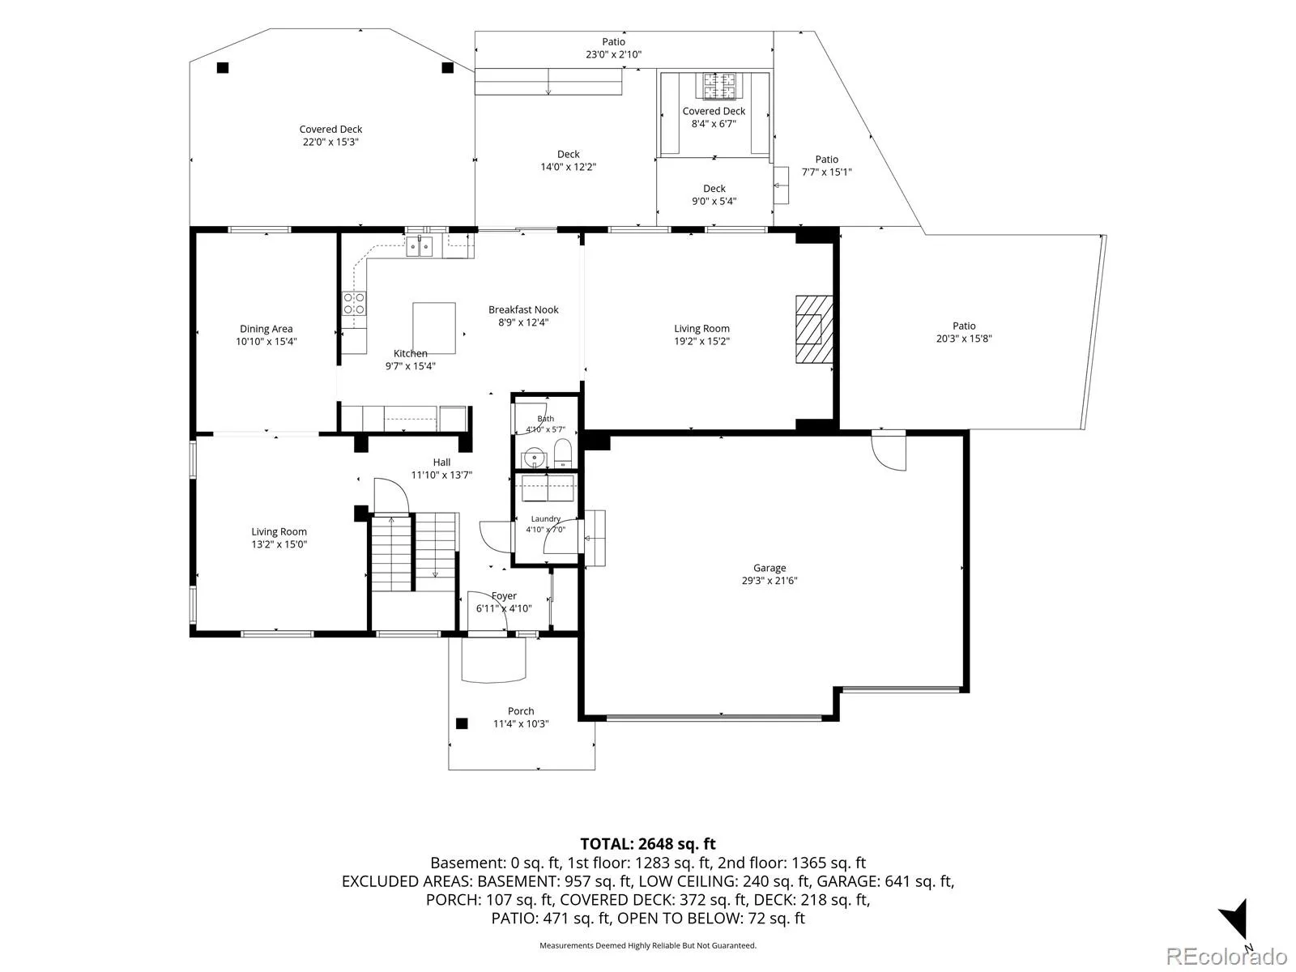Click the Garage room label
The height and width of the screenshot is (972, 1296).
pyautogui.click(x=769, y=568)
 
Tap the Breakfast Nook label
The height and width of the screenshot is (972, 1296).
pyautogui.click(x=523, y=310)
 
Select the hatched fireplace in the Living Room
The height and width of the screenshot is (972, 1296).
pyautogui.click(x=814, y=330)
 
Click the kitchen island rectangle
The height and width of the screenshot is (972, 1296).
pyautogui.click(x=434, y=328)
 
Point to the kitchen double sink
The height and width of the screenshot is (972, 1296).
pyautogui.click(x=420, y=246)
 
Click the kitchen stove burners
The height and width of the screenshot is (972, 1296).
pyautogui.click(x=354, y=303)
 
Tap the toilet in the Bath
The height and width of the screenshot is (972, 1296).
pyautogui.click(x=563, y=454)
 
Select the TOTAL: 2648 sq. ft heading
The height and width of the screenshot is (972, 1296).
pyautogui.click(x=648, y=844)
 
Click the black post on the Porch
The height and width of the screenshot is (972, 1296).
pyautogui.click(x=462, y=723)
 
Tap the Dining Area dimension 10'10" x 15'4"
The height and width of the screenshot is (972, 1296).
pyautogui.click(x=266, y=341)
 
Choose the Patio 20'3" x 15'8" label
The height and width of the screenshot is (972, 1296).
pyautogui.click(x=964, y=332)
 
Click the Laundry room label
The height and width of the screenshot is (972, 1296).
pyautogui.click(x=546, y=518)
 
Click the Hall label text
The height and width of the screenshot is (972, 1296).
pyautogui.click(x=441, y=463)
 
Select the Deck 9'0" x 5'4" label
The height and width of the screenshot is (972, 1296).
pyautogui.click(x=714, y=194)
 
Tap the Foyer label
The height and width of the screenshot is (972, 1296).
pyautogui.click(x=505, y=596)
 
